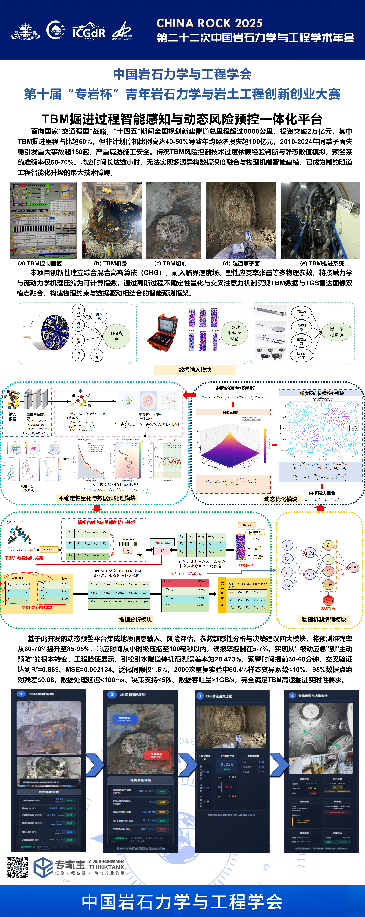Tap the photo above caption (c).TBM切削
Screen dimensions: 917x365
pos(173,220)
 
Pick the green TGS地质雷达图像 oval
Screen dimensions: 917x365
pos(234,333)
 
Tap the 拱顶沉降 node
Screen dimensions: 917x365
pos(301,313)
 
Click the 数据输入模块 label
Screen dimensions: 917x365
pos(195,370)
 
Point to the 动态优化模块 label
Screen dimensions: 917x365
pos(281,499)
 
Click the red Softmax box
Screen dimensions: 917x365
pos(162,542)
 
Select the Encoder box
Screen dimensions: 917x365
pos(49,549)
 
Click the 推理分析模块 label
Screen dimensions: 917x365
pos(135,620)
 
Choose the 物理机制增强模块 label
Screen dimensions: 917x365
pos(324,620)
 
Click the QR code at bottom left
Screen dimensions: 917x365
pos(17,868)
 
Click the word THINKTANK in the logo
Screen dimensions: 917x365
pos(107,867)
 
